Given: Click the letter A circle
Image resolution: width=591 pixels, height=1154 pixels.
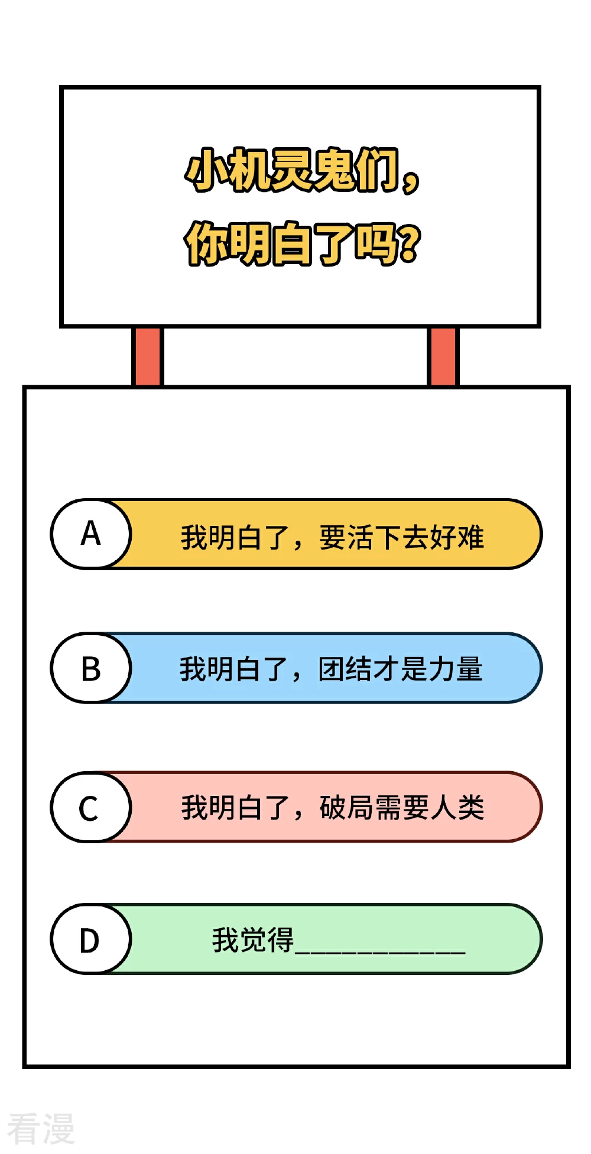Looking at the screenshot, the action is coord(90,534).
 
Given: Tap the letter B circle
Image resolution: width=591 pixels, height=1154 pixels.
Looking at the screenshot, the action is coord(90,668).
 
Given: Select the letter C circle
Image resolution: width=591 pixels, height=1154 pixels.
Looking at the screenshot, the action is coord(90,807).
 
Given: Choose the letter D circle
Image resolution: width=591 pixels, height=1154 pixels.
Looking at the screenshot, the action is coord(90,939).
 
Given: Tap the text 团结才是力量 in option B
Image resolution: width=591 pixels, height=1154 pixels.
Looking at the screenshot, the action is coord(401,669).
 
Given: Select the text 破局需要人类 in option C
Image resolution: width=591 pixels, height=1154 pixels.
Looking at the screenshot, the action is coord(402,808).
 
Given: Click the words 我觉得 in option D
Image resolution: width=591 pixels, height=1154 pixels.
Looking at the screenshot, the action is coord(253,940).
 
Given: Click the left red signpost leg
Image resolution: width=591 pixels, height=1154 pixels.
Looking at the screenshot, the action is coord(147,357).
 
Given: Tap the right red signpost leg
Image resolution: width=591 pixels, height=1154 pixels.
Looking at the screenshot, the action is coord(443,357).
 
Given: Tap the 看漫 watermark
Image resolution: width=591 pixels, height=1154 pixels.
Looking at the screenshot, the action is coord(41,1128).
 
